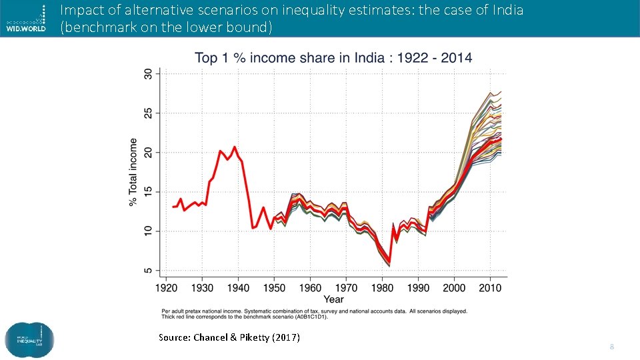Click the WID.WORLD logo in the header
(26, 18)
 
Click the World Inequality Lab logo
(29, 340)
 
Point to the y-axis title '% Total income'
(133, 172)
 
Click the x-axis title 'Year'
(333, 299)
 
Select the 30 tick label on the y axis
(148, 75)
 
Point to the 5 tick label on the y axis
(148, 271)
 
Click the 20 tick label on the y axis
(148, 153)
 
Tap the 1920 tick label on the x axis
(166, 289)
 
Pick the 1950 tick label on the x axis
(274, 289)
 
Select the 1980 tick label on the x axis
(382, 289)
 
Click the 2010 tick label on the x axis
(490, 289)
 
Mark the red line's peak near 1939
(235, 147)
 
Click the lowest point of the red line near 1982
(389, 262)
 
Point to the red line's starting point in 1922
(173, 207)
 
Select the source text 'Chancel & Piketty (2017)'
(247, 337)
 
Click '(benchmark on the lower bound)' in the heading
(167, 27)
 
